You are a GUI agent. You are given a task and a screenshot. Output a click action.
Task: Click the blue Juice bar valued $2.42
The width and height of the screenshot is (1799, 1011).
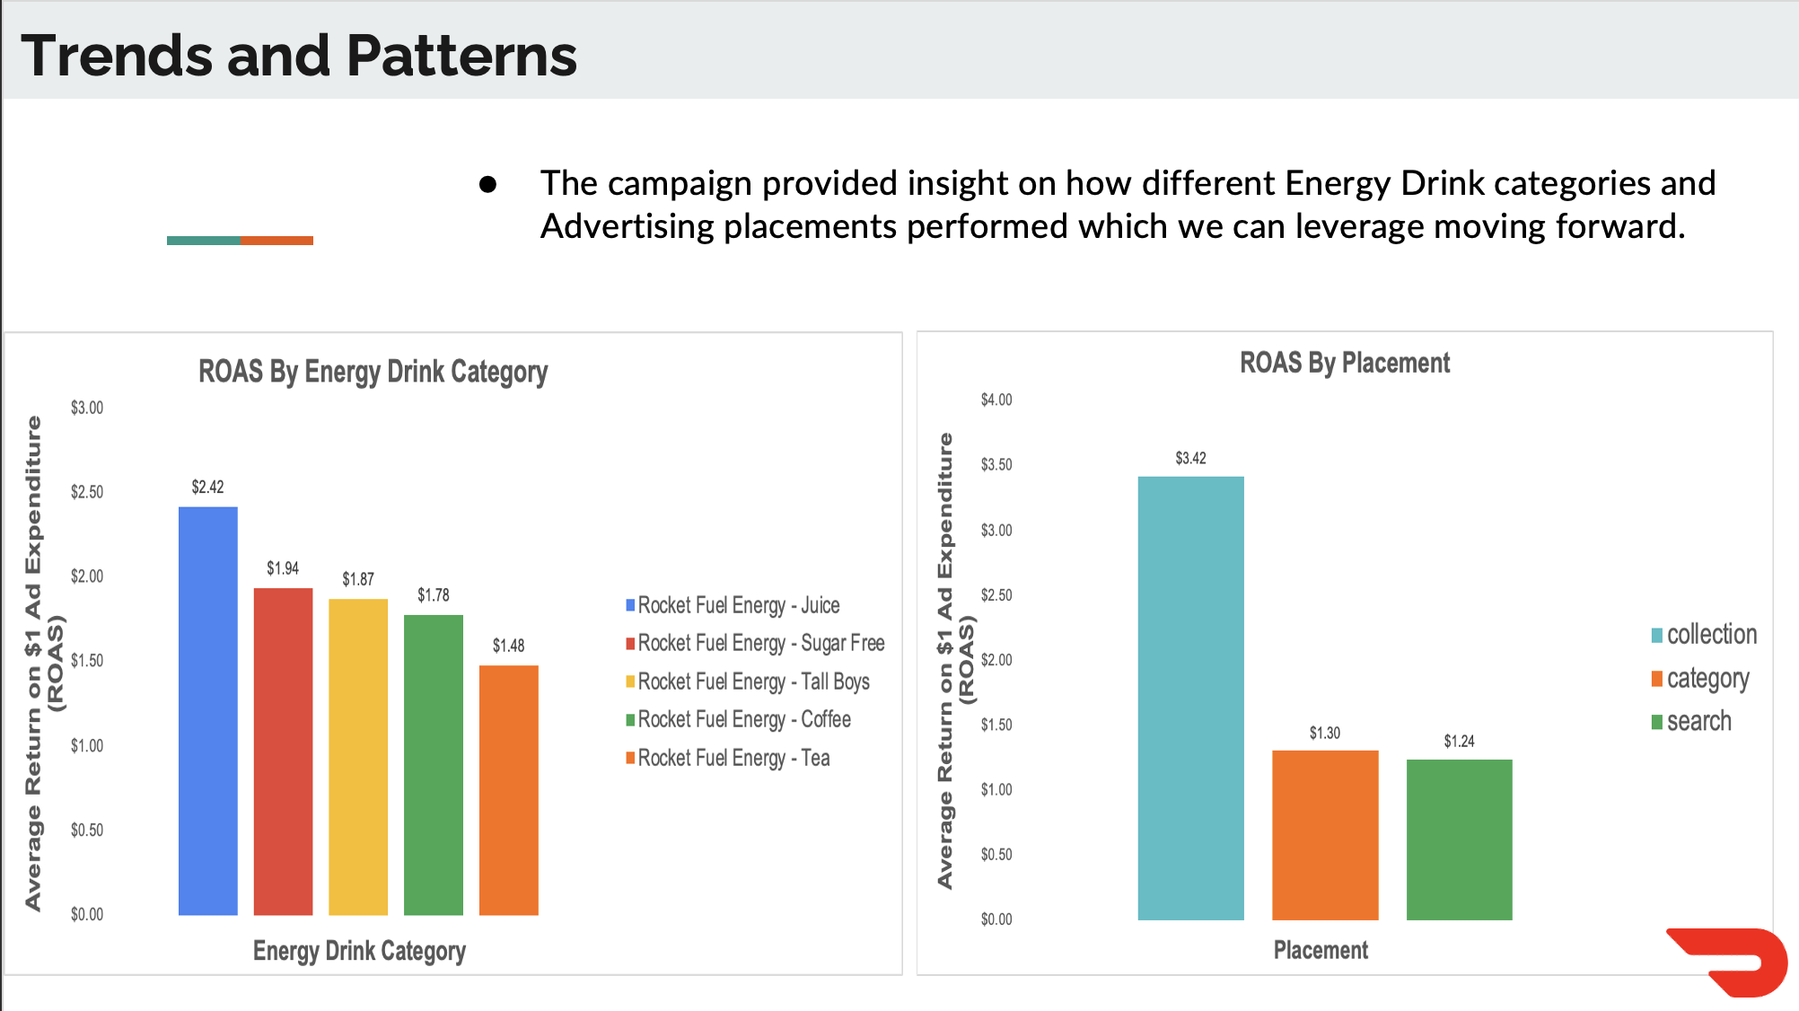tap(208, 710)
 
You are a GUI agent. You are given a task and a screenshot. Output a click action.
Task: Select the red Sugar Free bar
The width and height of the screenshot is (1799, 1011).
tap(283, 751)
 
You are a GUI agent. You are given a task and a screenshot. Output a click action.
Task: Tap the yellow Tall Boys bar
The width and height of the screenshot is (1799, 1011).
tap(358, 756)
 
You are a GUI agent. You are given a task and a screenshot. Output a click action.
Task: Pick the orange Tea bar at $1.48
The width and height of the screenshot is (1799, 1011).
tap(508, 789)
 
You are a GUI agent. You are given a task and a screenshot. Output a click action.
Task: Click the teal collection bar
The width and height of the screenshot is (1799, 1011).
tap(1190, 698)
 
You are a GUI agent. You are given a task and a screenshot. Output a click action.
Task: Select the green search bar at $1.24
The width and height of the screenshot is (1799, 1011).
tap(1459, 839)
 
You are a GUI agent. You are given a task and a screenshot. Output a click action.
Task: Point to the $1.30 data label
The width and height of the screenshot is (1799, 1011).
tap(1324, 733)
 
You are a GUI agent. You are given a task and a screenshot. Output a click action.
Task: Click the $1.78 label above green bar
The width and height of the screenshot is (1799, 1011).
tap(433, 595)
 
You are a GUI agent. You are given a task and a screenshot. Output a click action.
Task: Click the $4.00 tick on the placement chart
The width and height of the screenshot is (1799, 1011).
tap(996, 400)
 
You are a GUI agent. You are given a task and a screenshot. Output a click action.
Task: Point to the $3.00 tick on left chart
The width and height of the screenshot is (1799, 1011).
tap(87, 408)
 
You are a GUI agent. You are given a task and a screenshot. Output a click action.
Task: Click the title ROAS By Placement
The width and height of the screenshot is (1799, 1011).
tap(1344, 363)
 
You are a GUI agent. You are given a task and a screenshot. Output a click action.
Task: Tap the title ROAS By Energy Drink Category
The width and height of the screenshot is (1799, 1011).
tap(373, 372)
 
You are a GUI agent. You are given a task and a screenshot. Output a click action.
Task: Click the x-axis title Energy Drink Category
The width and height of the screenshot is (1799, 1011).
tap(359, 950)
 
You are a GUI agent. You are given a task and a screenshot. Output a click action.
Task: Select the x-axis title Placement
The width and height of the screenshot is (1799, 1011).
tap(1321, 950)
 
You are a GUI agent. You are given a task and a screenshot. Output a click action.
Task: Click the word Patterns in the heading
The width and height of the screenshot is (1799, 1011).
tap(461, 56)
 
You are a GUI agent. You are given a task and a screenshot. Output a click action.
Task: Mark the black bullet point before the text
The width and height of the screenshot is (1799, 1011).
tap(488, 184)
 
